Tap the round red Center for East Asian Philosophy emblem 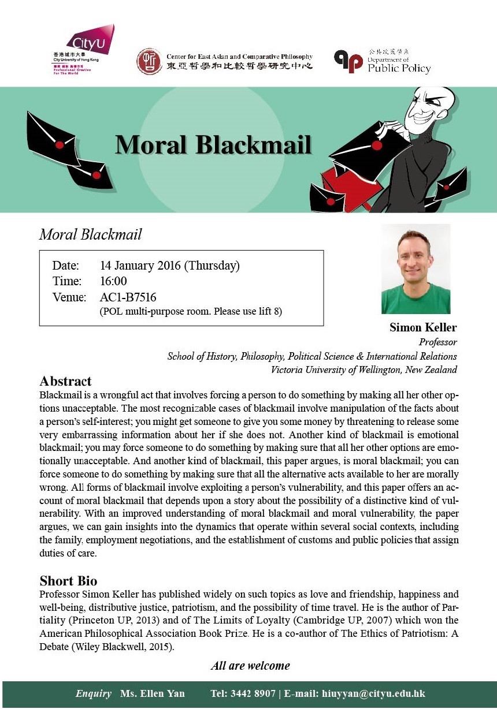149,61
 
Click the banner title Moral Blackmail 213,144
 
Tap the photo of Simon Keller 416,269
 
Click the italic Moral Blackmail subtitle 90,235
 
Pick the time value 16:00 113,282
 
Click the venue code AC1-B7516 128,298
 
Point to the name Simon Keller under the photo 423,328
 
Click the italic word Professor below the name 437,342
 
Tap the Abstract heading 65,382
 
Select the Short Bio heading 68,580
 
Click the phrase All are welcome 250,666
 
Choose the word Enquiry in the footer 93,693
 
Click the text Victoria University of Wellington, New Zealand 364,370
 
